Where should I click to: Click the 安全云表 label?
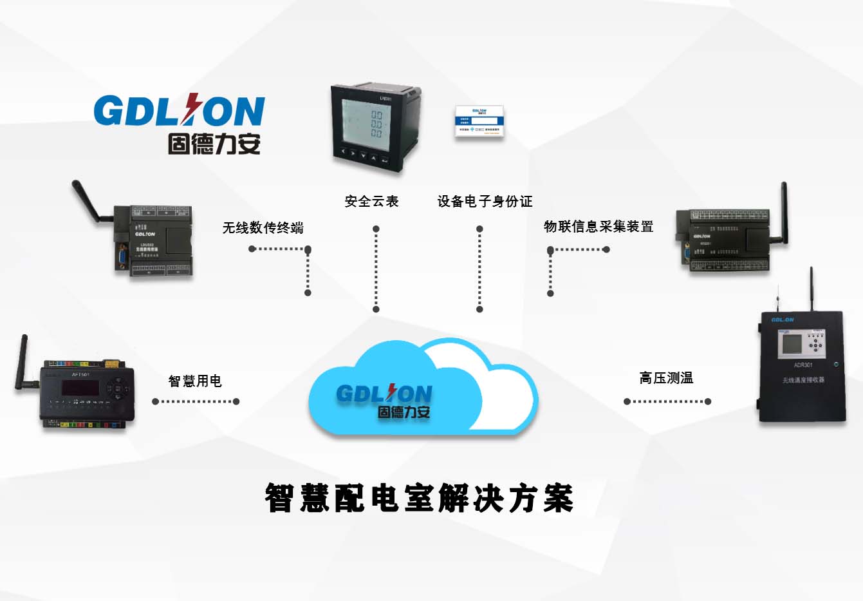(371, 202)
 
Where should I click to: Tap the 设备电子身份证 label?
(485, 202)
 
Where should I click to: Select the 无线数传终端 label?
(263, 227)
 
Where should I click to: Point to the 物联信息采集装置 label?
(598, 227)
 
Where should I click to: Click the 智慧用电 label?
(195, 381)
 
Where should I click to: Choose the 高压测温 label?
(666, 378)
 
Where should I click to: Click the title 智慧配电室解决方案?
(419, 498)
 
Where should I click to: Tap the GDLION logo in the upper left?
(180, 124)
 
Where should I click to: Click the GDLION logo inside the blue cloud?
(384, 401)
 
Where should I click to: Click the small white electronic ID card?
(479, 120)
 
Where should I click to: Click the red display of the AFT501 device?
(80, 388)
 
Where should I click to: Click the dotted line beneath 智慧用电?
(196, 401)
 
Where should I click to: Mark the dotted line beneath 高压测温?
(666, 401)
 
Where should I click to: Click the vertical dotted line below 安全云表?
(376, 269)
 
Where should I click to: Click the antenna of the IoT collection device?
(784, 213)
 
